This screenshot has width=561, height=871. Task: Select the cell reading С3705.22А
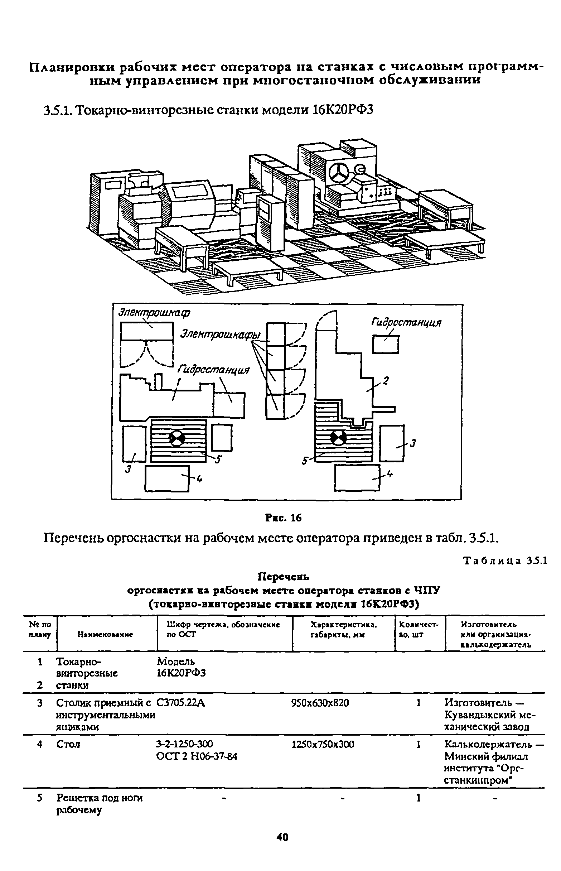click(x=181, y=702)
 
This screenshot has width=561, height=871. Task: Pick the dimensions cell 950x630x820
click(x=320, y=702)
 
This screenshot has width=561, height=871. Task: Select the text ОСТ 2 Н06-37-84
click(x=197, y=756)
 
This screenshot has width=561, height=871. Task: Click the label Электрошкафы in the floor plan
click(x=223, y=335)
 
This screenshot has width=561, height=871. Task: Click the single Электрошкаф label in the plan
click(x=154, y=313)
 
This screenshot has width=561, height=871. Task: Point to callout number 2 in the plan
click(x=386, y=381)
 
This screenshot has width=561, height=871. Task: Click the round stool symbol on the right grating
click(x=338, y=437)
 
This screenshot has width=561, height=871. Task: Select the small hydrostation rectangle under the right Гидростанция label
click(x=386, y=345)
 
